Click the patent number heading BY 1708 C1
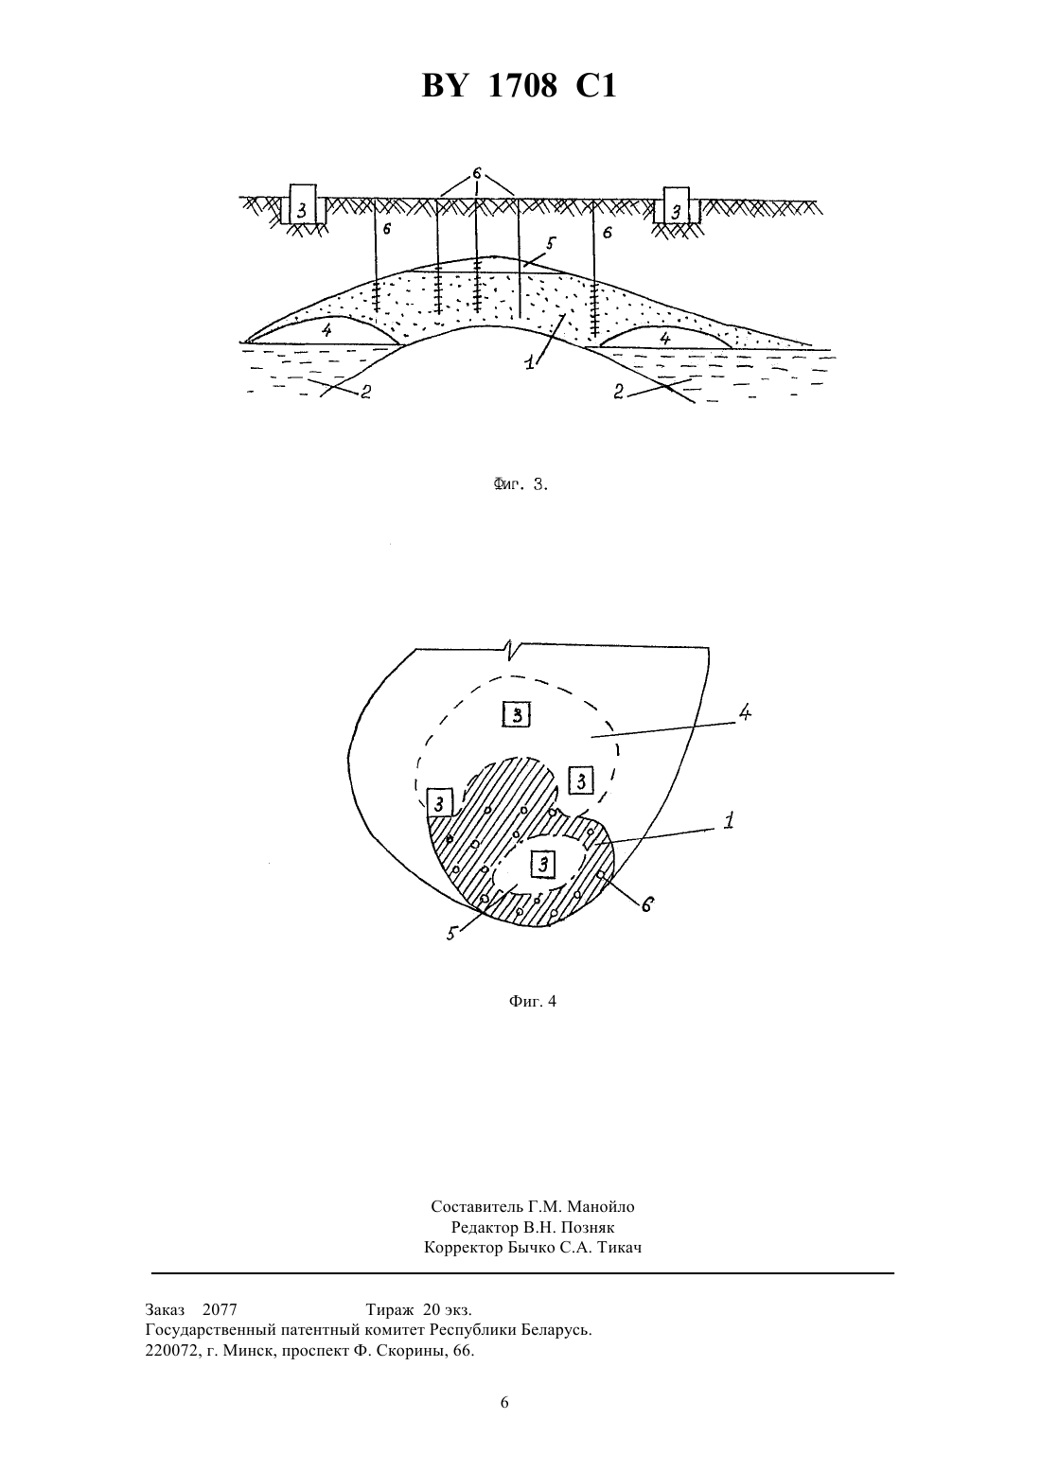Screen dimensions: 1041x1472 (520, 86)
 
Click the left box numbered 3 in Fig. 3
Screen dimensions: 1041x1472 (302, 203)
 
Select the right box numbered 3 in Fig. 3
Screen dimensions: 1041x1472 (677, 205)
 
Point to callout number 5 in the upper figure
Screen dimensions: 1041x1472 (550, 245)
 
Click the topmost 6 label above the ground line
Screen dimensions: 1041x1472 (477, 173)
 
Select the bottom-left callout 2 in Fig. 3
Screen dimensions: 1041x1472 (365, 393)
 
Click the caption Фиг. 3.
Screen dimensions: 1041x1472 (520, 485)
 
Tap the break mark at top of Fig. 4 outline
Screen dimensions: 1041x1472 (510, 650)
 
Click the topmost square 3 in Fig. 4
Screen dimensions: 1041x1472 (517, 715)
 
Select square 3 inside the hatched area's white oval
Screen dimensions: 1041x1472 (543, 864)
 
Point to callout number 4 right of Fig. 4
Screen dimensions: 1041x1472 (745, 713)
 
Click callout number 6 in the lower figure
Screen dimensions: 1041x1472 (646, 904)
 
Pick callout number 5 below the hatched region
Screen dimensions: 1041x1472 (451, 933)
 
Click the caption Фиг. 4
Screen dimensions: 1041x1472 (532, 1001)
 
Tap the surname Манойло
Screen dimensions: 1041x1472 (601, 1206)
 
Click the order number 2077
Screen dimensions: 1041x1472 (220, 1309)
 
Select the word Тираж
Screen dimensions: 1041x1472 (390, 1310)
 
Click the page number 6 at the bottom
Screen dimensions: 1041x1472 (504, 1402)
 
